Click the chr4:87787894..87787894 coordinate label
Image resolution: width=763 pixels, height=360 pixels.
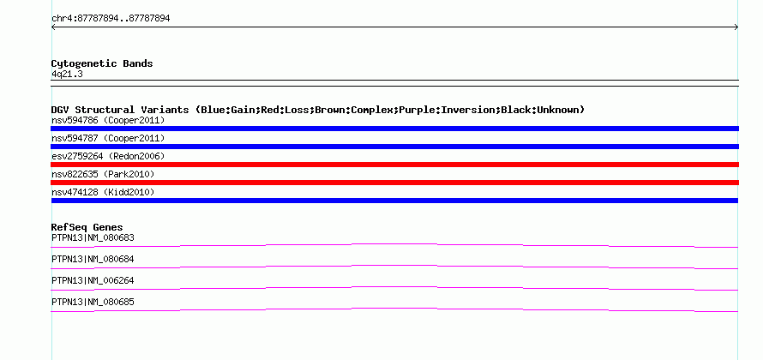(111, 19)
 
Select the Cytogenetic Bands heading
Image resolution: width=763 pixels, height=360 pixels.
(102, 63)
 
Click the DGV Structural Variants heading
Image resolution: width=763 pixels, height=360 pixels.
(318, 110)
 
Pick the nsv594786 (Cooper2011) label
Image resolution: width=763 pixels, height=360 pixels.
(108, 120)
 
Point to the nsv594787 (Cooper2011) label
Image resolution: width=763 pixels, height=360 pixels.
(108, 139)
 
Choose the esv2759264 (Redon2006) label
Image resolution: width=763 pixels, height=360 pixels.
(108, 157)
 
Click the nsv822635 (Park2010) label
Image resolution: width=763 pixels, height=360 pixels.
(103, 174)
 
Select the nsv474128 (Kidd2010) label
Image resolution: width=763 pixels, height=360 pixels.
(103, 193)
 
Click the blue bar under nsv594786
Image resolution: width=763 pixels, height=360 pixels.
(394, 129)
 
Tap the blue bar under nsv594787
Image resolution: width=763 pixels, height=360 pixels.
(394, 147)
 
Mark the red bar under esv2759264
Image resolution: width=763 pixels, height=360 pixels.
(394, 165)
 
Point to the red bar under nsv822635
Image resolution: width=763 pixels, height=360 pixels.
(394, 183)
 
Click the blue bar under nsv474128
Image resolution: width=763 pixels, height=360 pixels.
(394, 201)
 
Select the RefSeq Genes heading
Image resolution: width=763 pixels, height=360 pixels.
(87, 227)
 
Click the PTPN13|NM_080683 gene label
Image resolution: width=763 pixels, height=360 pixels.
(93, 238)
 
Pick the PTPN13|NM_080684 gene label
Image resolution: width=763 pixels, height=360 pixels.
(93, 260)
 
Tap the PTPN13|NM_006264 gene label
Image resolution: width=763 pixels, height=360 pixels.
(93, 281)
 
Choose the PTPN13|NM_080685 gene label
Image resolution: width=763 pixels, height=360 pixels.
(93, 303)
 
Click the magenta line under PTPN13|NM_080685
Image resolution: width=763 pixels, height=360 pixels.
(394, 309)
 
